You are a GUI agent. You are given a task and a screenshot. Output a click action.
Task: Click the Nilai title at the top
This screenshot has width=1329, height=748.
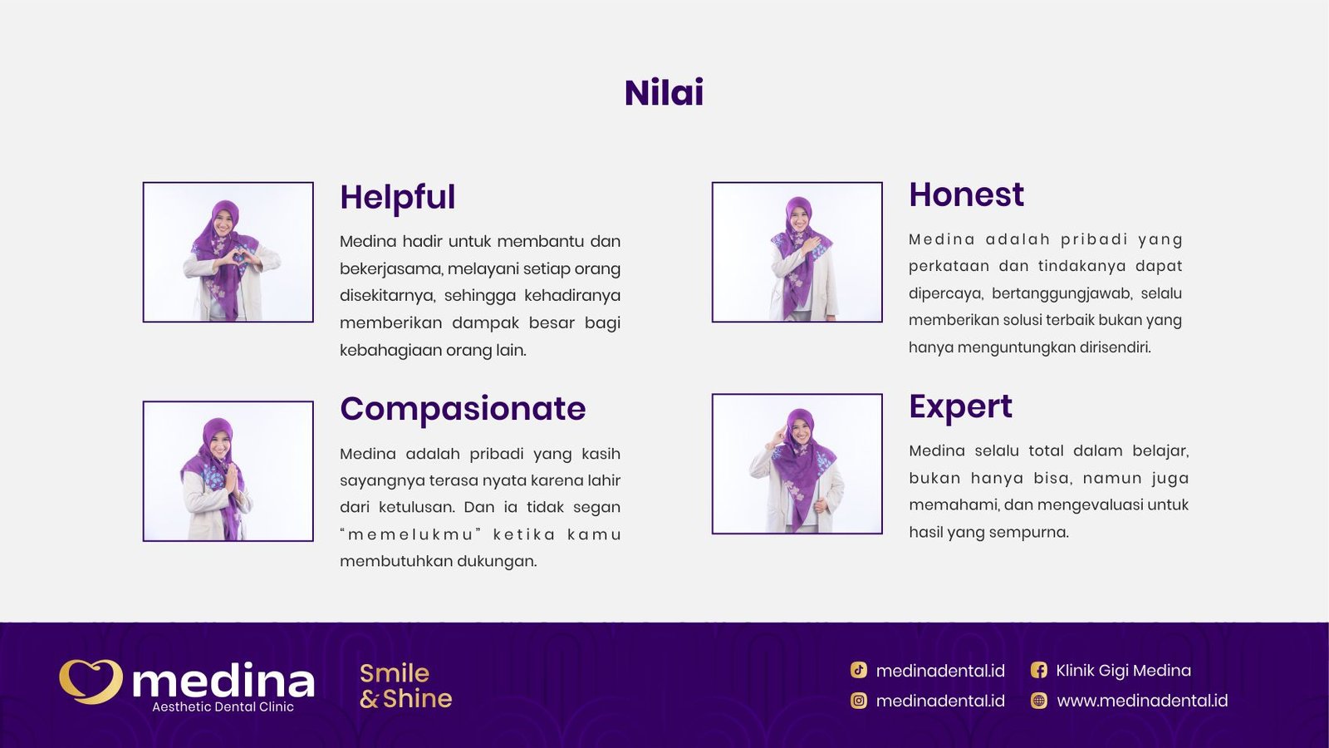point(664,92)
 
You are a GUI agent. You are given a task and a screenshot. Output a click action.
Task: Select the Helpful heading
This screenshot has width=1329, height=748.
point(397,198)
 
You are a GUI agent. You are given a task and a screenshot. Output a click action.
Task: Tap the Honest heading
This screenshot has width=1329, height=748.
point(966,195)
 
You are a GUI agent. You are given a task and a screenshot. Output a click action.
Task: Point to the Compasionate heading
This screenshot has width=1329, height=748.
point(463,409)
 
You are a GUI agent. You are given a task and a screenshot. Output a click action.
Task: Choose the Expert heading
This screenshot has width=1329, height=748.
point(960,406)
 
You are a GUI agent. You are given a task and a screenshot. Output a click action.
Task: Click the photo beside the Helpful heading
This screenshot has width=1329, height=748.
point(228,252)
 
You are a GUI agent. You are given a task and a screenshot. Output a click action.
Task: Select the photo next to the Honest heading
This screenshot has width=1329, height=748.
point(797,252)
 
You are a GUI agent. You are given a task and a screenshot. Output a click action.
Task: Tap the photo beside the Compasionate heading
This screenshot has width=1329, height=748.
point(228,471)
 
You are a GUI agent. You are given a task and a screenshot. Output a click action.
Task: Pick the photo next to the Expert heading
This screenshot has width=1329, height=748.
point(797,464)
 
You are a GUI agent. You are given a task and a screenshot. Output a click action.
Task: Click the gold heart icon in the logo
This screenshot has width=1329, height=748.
point(91,681)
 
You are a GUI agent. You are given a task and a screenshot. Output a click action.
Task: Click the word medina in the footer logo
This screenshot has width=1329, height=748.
point(223,681)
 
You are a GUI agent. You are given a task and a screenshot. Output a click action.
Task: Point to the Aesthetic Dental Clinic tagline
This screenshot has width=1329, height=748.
point(223,707)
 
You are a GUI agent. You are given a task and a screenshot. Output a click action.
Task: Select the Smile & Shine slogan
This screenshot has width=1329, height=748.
point(405,686)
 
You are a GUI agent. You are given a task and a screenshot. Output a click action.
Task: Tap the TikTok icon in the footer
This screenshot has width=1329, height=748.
point(859,670)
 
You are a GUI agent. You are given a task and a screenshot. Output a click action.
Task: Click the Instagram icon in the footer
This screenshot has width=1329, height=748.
point(859,701)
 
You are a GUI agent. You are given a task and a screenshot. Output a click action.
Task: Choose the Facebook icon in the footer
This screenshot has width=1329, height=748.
point(1038,670)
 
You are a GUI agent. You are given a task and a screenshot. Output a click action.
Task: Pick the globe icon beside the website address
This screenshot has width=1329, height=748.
point(1038,701)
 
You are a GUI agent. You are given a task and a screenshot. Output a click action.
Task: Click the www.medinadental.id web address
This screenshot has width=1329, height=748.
point(1142,701)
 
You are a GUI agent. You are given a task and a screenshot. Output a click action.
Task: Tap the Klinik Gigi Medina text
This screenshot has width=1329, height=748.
point(1123,670)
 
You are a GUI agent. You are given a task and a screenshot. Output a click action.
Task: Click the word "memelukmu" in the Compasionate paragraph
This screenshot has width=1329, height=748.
point(410,534)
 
